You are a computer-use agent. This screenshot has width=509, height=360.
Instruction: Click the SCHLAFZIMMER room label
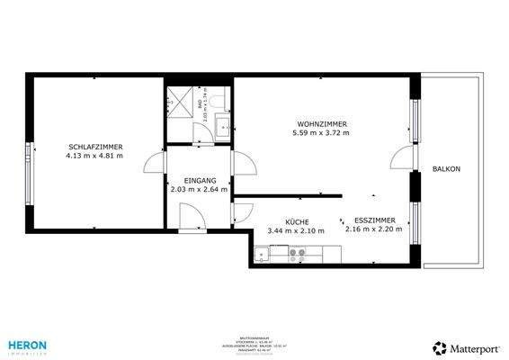click(94, 147)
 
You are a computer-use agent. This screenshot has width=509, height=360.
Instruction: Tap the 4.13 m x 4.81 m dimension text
click(94, 156)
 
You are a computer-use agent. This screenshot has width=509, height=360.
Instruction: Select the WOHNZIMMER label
click(321, 124)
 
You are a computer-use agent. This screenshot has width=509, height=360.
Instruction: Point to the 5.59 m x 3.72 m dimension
click(321, 133)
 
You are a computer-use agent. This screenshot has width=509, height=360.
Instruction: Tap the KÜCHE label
click(297, 221)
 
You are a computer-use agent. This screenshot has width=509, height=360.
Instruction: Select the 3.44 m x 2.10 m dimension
click(297, 230)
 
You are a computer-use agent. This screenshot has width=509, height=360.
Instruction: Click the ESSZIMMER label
click(373, 220)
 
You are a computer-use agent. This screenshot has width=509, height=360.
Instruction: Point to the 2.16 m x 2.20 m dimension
click(373, 229)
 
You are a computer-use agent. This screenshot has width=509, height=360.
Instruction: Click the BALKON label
click(446, 169)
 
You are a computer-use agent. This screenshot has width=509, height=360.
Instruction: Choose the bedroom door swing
click(155, 164)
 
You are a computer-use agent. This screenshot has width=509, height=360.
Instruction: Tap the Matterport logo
click(466, 346)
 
